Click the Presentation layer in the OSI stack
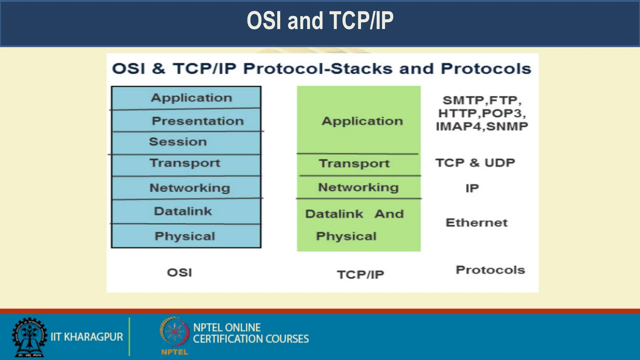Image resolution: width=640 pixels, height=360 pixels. [x=197, y=121]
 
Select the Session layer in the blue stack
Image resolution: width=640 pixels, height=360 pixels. [x=178, y=142]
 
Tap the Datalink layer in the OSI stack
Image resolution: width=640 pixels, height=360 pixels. [x=183, y=211]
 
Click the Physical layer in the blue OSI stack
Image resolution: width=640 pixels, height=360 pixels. [x=185, y=236]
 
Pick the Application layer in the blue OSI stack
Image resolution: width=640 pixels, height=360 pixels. [x=192, y=98]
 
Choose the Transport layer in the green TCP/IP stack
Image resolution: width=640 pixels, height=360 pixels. [x=354, y=163]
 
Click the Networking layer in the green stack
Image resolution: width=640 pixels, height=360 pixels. [x=358, y=187]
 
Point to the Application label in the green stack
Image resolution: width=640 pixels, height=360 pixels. [x=362, y=121]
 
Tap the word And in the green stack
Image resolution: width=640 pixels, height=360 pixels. [x=389, y=214]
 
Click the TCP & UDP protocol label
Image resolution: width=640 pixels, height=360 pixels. [x=475, y=163]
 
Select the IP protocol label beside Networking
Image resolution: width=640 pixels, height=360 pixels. [x=472, y=188]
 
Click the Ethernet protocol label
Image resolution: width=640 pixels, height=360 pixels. [x=477, y=223]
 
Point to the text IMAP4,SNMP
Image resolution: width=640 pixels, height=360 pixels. [x=482, y=127]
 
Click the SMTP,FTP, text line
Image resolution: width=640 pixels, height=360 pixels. [x=482, y=100]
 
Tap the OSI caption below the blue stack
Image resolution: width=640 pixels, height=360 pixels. [x=179, y=272]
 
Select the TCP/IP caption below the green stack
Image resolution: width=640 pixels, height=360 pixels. [x=360, y=275]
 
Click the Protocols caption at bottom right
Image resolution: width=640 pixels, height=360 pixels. [x=490, y=270]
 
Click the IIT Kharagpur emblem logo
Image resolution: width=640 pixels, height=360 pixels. [x=29, y=337]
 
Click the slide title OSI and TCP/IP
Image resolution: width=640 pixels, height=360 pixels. [x=320, y=21]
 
